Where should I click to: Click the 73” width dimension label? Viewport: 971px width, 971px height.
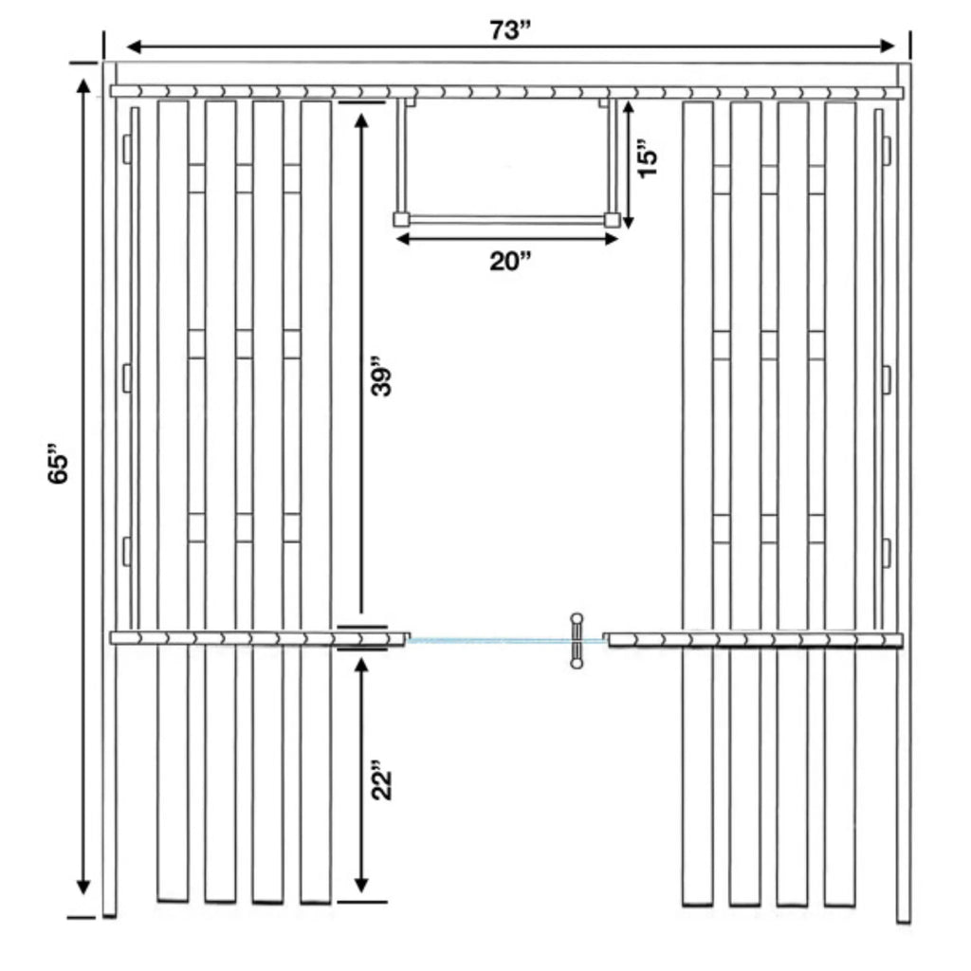coord(511,29)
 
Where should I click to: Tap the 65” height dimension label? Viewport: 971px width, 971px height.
coord(59,463)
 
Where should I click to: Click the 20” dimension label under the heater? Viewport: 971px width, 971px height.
coord(510,262)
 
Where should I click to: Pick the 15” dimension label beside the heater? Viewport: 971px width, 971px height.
coord(647,162)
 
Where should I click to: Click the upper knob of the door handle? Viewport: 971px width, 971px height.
coord(577,618)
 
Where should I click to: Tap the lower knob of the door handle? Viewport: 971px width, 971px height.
coord(577,663)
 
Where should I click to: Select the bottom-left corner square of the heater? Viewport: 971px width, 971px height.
coord(401,219)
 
